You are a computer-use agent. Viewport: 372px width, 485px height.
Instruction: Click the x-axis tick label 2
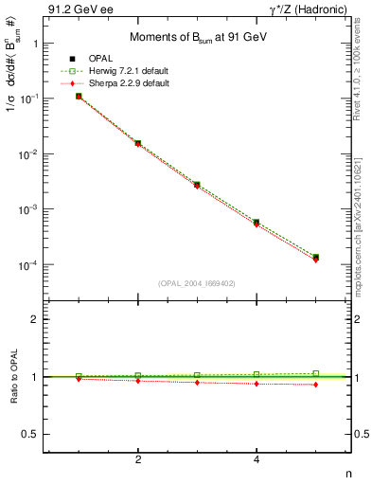(138, 459)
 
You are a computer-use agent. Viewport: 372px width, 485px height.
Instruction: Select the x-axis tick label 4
(257, 459)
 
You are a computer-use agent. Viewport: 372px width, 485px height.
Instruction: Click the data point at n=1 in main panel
(79, 96)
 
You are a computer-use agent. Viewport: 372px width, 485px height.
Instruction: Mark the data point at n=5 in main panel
(315, 257)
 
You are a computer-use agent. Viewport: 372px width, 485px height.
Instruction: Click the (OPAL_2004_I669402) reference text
(197, 282)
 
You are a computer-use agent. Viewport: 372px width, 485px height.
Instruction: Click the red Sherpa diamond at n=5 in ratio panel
(315, 385)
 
